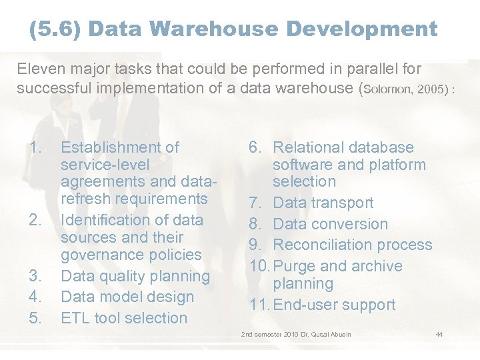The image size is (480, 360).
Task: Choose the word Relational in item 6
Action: coord(313,147)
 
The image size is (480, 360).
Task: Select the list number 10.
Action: coord(259,266)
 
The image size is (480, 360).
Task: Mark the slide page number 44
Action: coord(439,334)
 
